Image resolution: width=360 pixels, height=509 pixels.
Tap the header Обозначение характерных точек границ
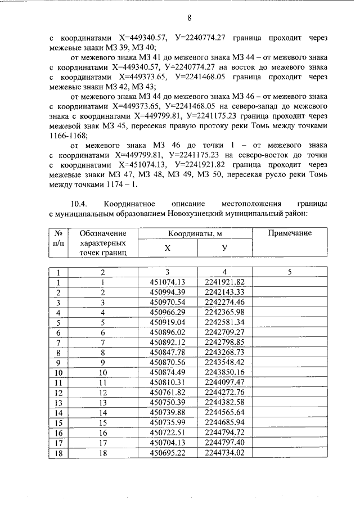tap(103, 243)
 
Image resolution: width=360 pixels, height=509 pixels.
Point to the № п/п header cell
tap(57, 238)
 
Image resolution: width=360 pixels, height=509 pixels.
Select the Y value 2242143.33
tap(224, 292)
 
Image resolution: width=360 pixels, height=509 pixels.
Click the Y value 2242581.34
tap(224, 322)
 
